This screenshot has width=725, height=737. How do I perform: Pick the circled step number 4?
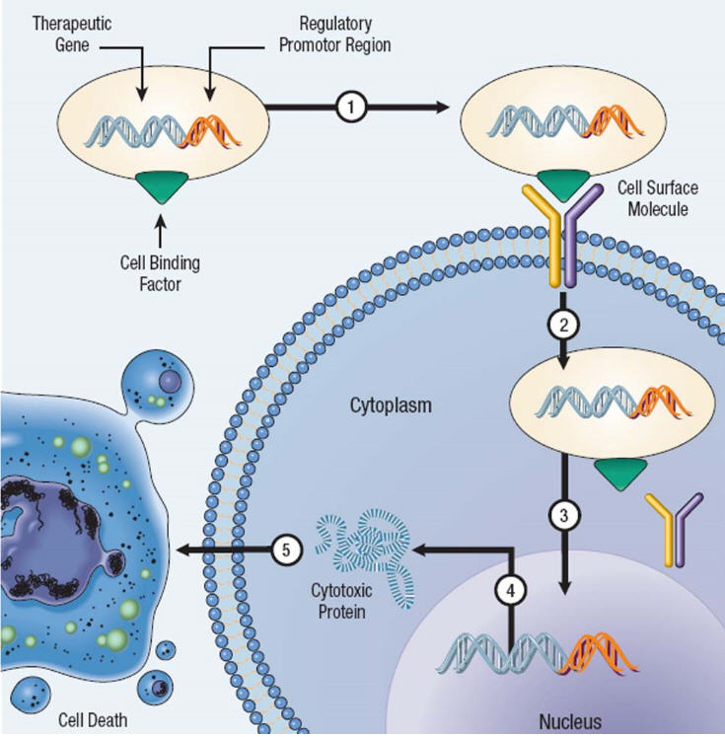(x=511, y=589)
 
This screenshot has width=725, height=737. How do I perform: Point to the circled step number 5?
(x=286, y=551)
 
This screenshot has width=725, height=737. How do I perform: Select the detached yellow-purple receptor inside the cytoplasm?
(x=674, y=528)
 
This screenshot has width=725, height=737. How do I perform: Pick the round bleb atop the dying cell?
(x=164, y=388)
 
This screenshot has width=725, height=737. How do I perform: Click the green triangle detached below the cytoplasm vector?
(x=619, y=474)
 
